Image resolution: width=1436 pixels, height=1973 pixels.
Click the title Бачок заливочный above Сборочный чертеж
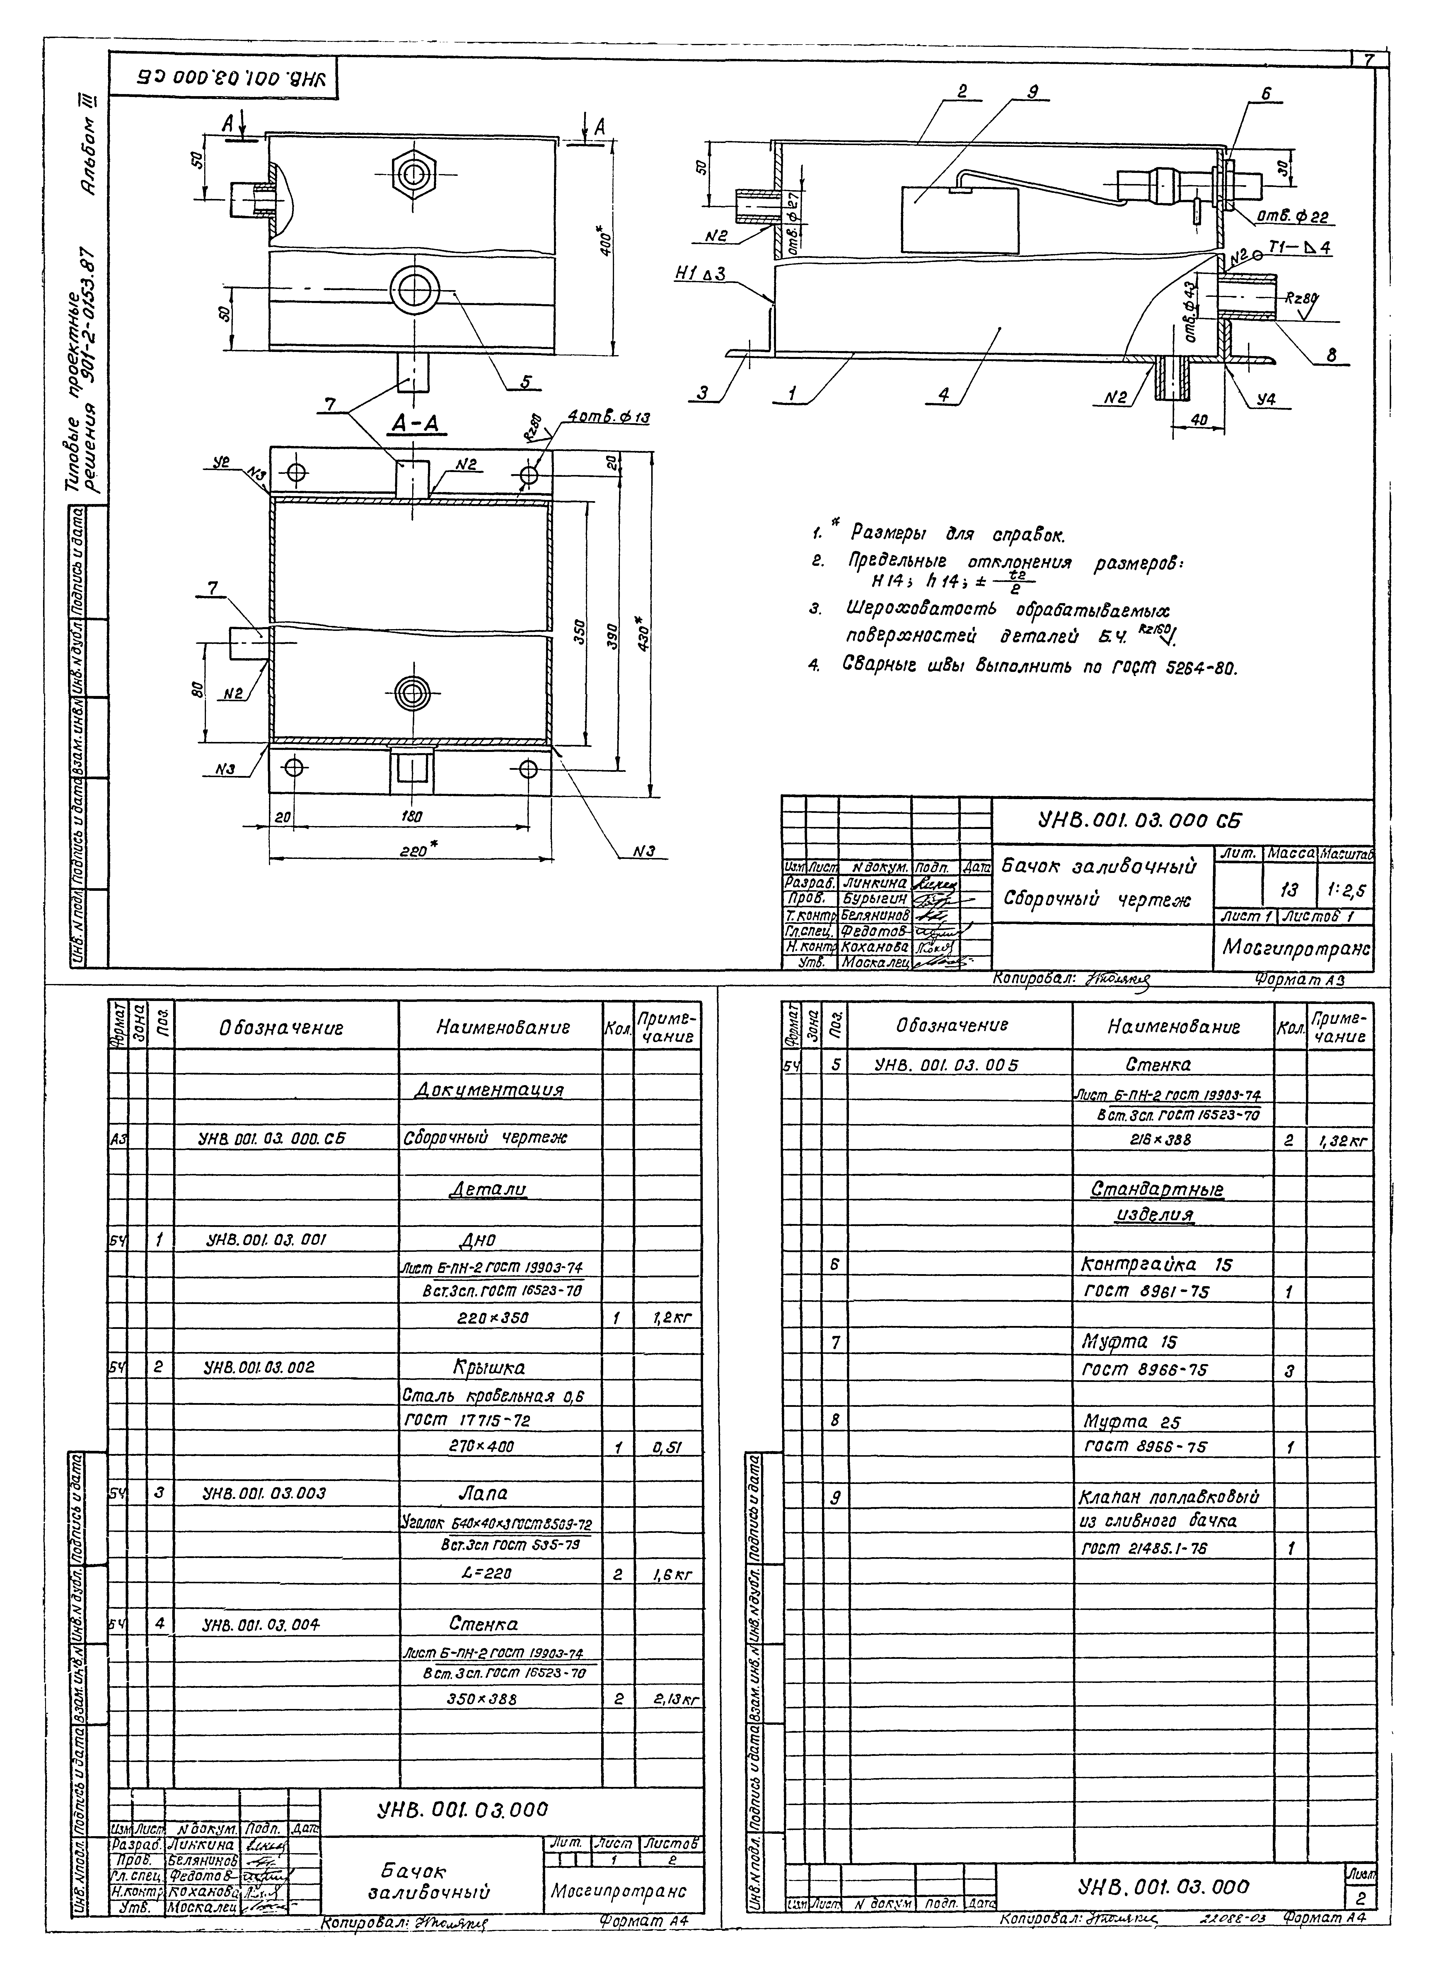(x=1099, y=867)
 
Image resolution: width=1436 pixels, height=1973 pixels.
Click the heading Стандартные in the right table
(x=1157, y=1189)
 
